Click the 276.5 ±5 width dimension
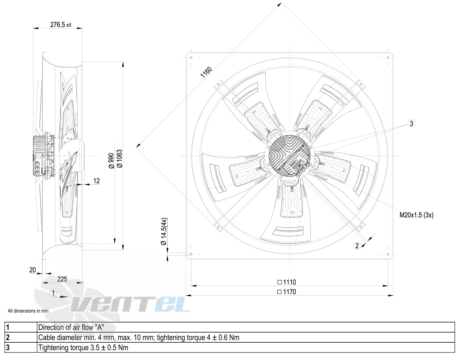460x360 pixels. [x=61, y=25]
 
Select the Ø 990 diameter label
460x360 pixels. [x=111, y=161]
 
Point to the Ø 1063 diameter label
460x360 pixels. [x=119, y=159]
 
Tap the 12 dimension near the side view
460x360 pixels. [x=96, y=181]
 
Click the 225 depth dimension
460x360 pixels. [x=62, y=279]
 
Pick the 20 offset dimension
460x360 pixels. [x=33, y=270]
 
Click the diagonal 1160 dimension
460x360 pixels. [x=206, y=72]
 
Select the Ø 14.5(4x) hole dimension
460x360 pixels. [x=164, y=231]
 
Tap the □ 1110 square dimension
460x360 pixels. [x=287, y=282]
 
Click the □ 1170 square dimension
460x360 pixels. [x=287, y=292]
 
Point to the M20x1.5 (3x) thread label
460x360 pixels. [x=416, y=215]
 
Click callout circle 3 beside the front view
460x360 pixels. [x=411, y=123]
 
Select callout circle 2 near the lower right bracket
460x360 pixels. [x=357, y=246]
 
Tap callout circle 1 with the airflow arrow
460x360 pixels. [x=53, y=293]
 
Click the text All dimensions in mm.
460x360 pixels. [x=29, y=311]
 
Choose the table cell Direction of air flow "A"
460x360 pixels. [x=71, y=328]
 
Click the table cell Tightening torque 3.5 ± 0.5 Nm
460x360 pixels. [x=83, y=348]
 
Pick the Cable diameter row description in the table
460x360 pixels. [x=139, y=338]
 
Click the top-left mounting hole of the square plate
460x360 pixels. [x=191, y=57]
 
